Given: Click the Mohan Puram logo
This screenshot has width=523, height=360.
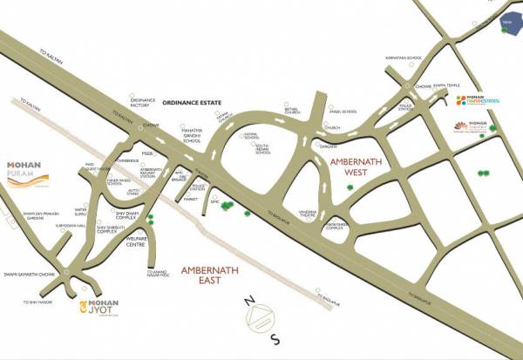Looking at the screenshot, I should tap(26, 170).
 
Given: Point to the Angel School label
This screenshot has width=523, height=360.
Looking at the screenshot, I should tap(342, 112).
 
